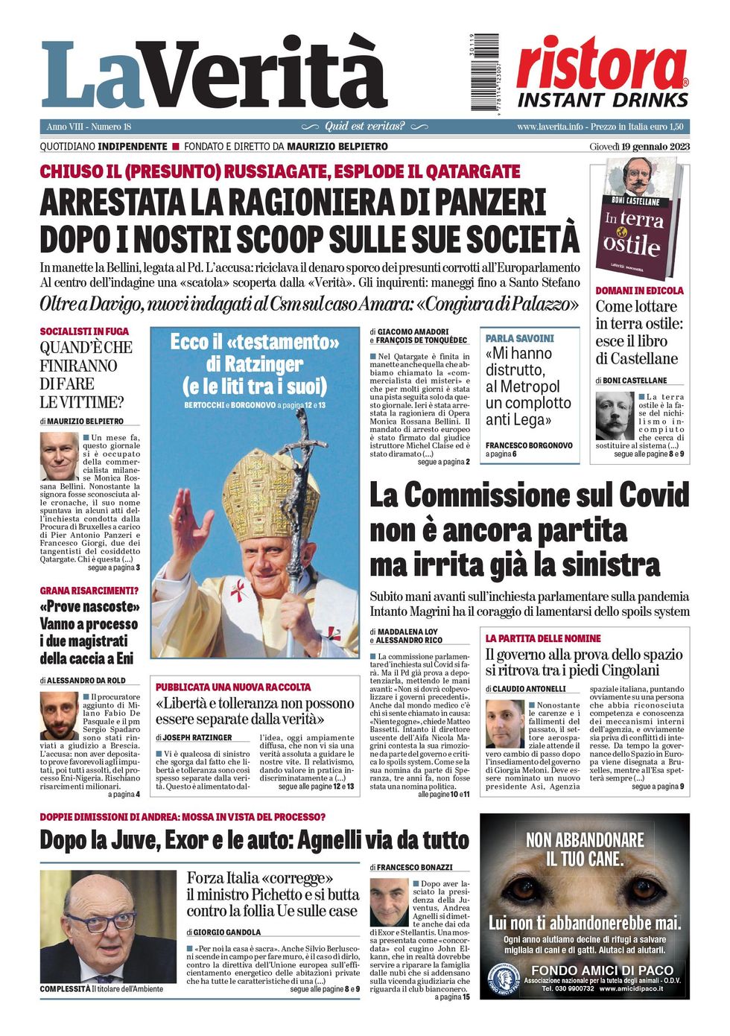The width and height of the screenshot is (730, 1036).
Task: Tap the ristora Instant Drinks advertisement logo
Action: click(602, 73)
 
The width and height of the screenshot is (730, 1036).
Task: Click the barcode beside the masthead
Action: click(485, 72)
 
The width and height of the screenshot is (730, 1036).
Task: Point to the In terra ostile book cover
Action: click(638, 219)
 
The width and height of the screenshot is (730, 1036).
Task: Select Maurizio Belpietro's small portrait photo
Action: click(59, 456)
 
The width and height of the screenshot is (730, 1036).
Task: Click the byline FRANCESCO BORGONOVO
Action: click(529, 445)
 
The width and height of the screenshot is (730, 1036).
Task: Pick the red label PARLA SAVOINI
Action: click(520, 338)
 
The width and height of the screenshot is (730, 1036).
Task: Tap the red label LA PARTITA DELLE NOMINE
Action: click(543, 638)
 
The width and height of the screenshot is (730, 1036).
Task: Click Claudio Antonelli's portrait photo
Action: click(504, 724)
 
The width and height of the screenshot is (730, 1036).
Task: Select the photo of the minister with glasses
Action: click(109, 927)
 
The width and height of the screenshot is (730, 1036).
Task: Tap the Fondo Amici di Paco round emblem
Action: click(504, 979)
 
